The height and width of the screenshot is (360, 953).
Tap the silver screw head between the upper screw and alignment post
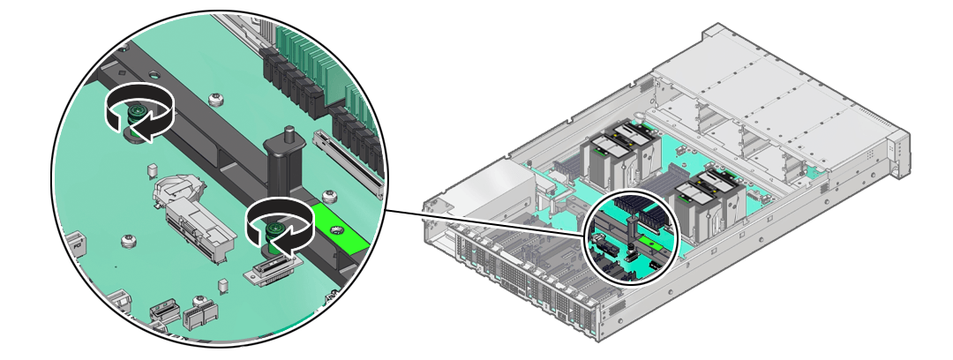(x=215, y=100)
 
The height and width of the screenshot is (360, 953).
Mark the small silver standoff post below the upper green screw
(x=151, y=169)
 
